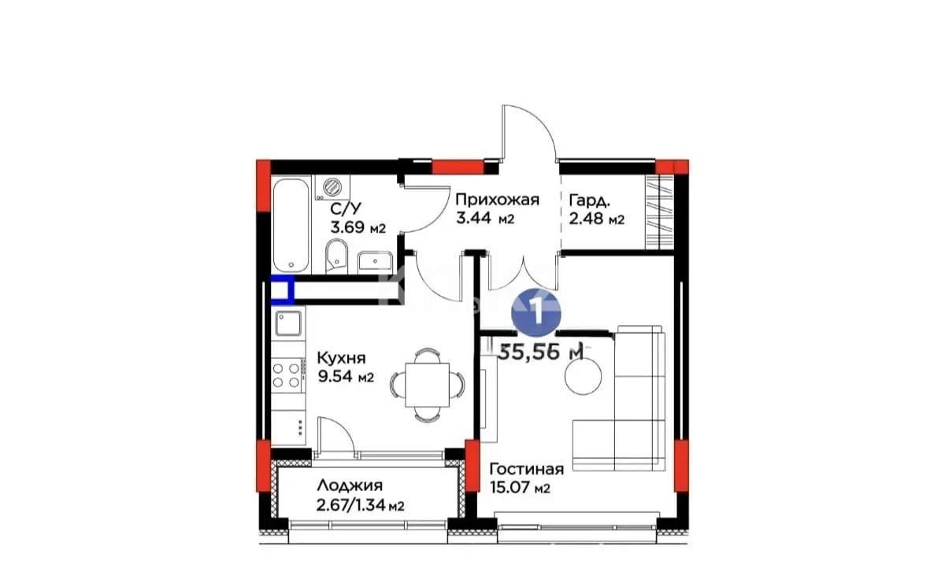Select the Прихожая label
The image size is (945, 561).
click(497, 199)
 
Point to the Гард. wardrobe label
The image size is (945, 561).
click(587, 200)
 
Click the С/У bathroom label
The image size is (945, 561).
click(346, 209)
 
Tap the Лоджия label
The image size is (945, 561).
click(350, 485)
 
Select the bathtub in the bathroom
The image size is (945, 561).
click(291, 223)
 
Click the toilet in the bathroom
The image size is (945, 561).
click(335, 257)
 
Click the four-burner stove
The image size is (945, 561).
click(289, 373)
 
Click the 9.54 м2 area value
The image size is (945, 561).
click(345, 377)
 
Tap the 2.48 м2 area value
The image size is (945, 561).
click(596, 219)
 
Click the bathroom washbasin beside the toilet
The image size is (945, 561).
click(372, 260)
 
